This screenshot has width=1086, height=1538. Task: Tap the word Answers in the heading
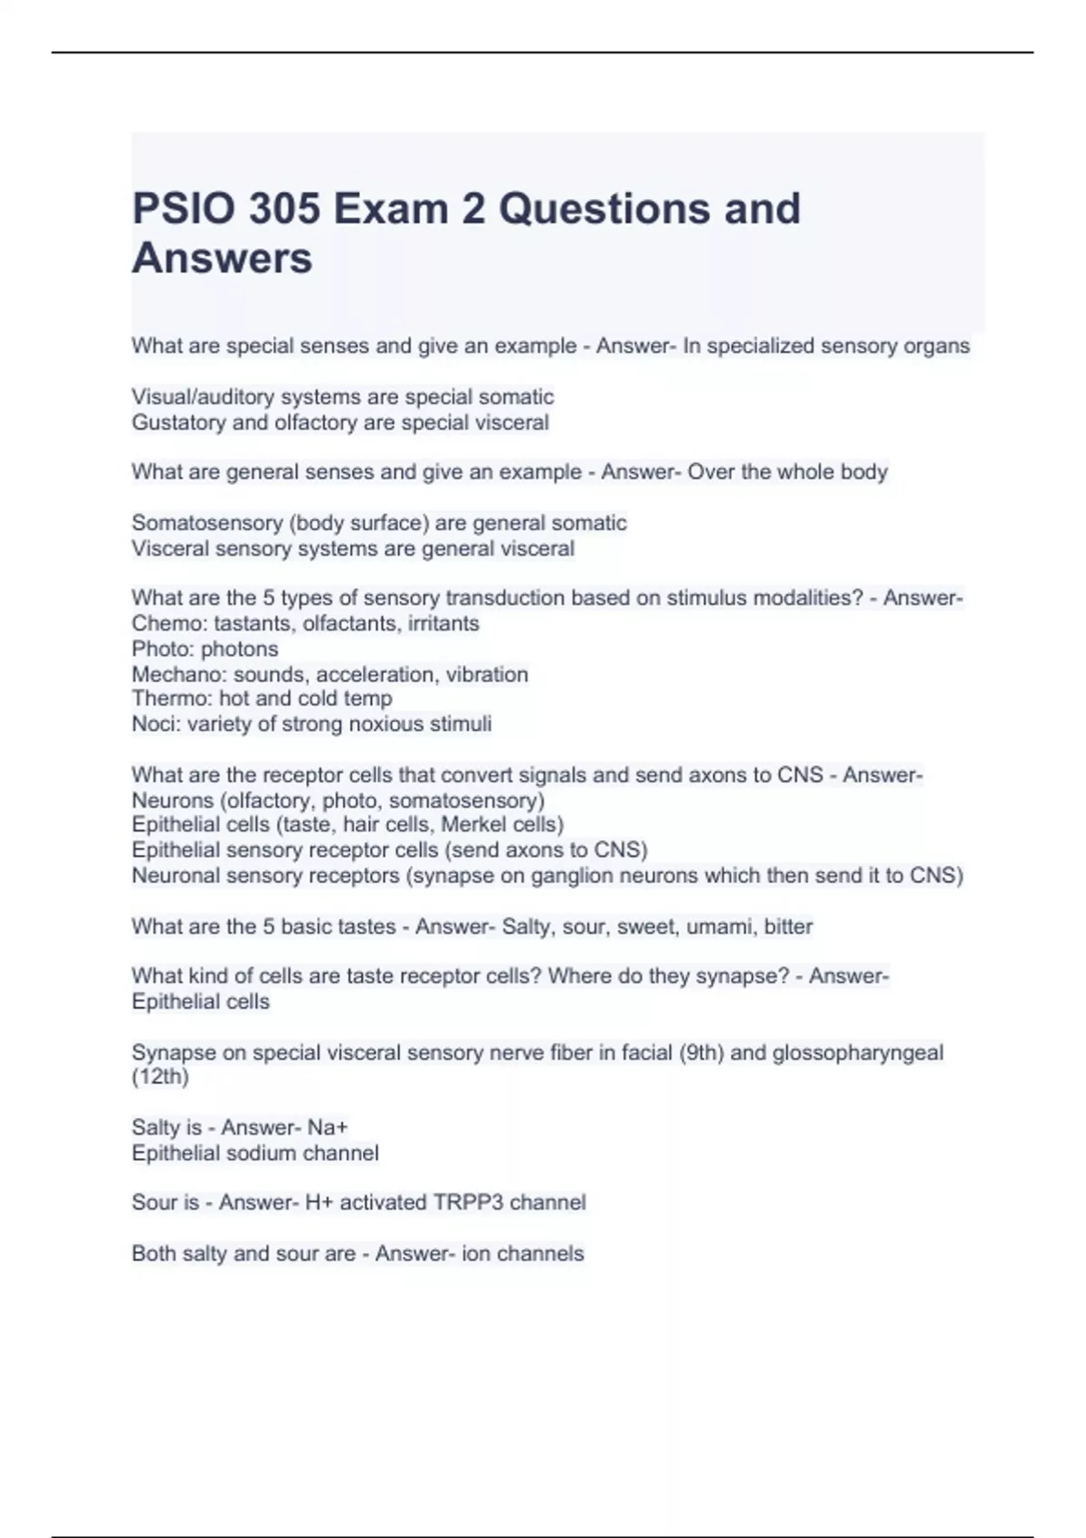click(222, 258)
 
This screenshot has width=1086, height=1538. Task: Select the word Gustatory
click(178, 422)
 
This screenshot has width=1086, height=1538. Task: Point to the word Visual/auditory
click(202, 397)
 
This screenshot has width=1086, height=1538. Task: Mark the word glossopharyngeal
click(857, 1052)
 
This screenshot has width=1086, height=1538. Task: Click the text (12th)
click(160, 1077)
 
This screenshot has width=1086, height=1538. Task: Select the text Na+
click(328, 1127)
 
